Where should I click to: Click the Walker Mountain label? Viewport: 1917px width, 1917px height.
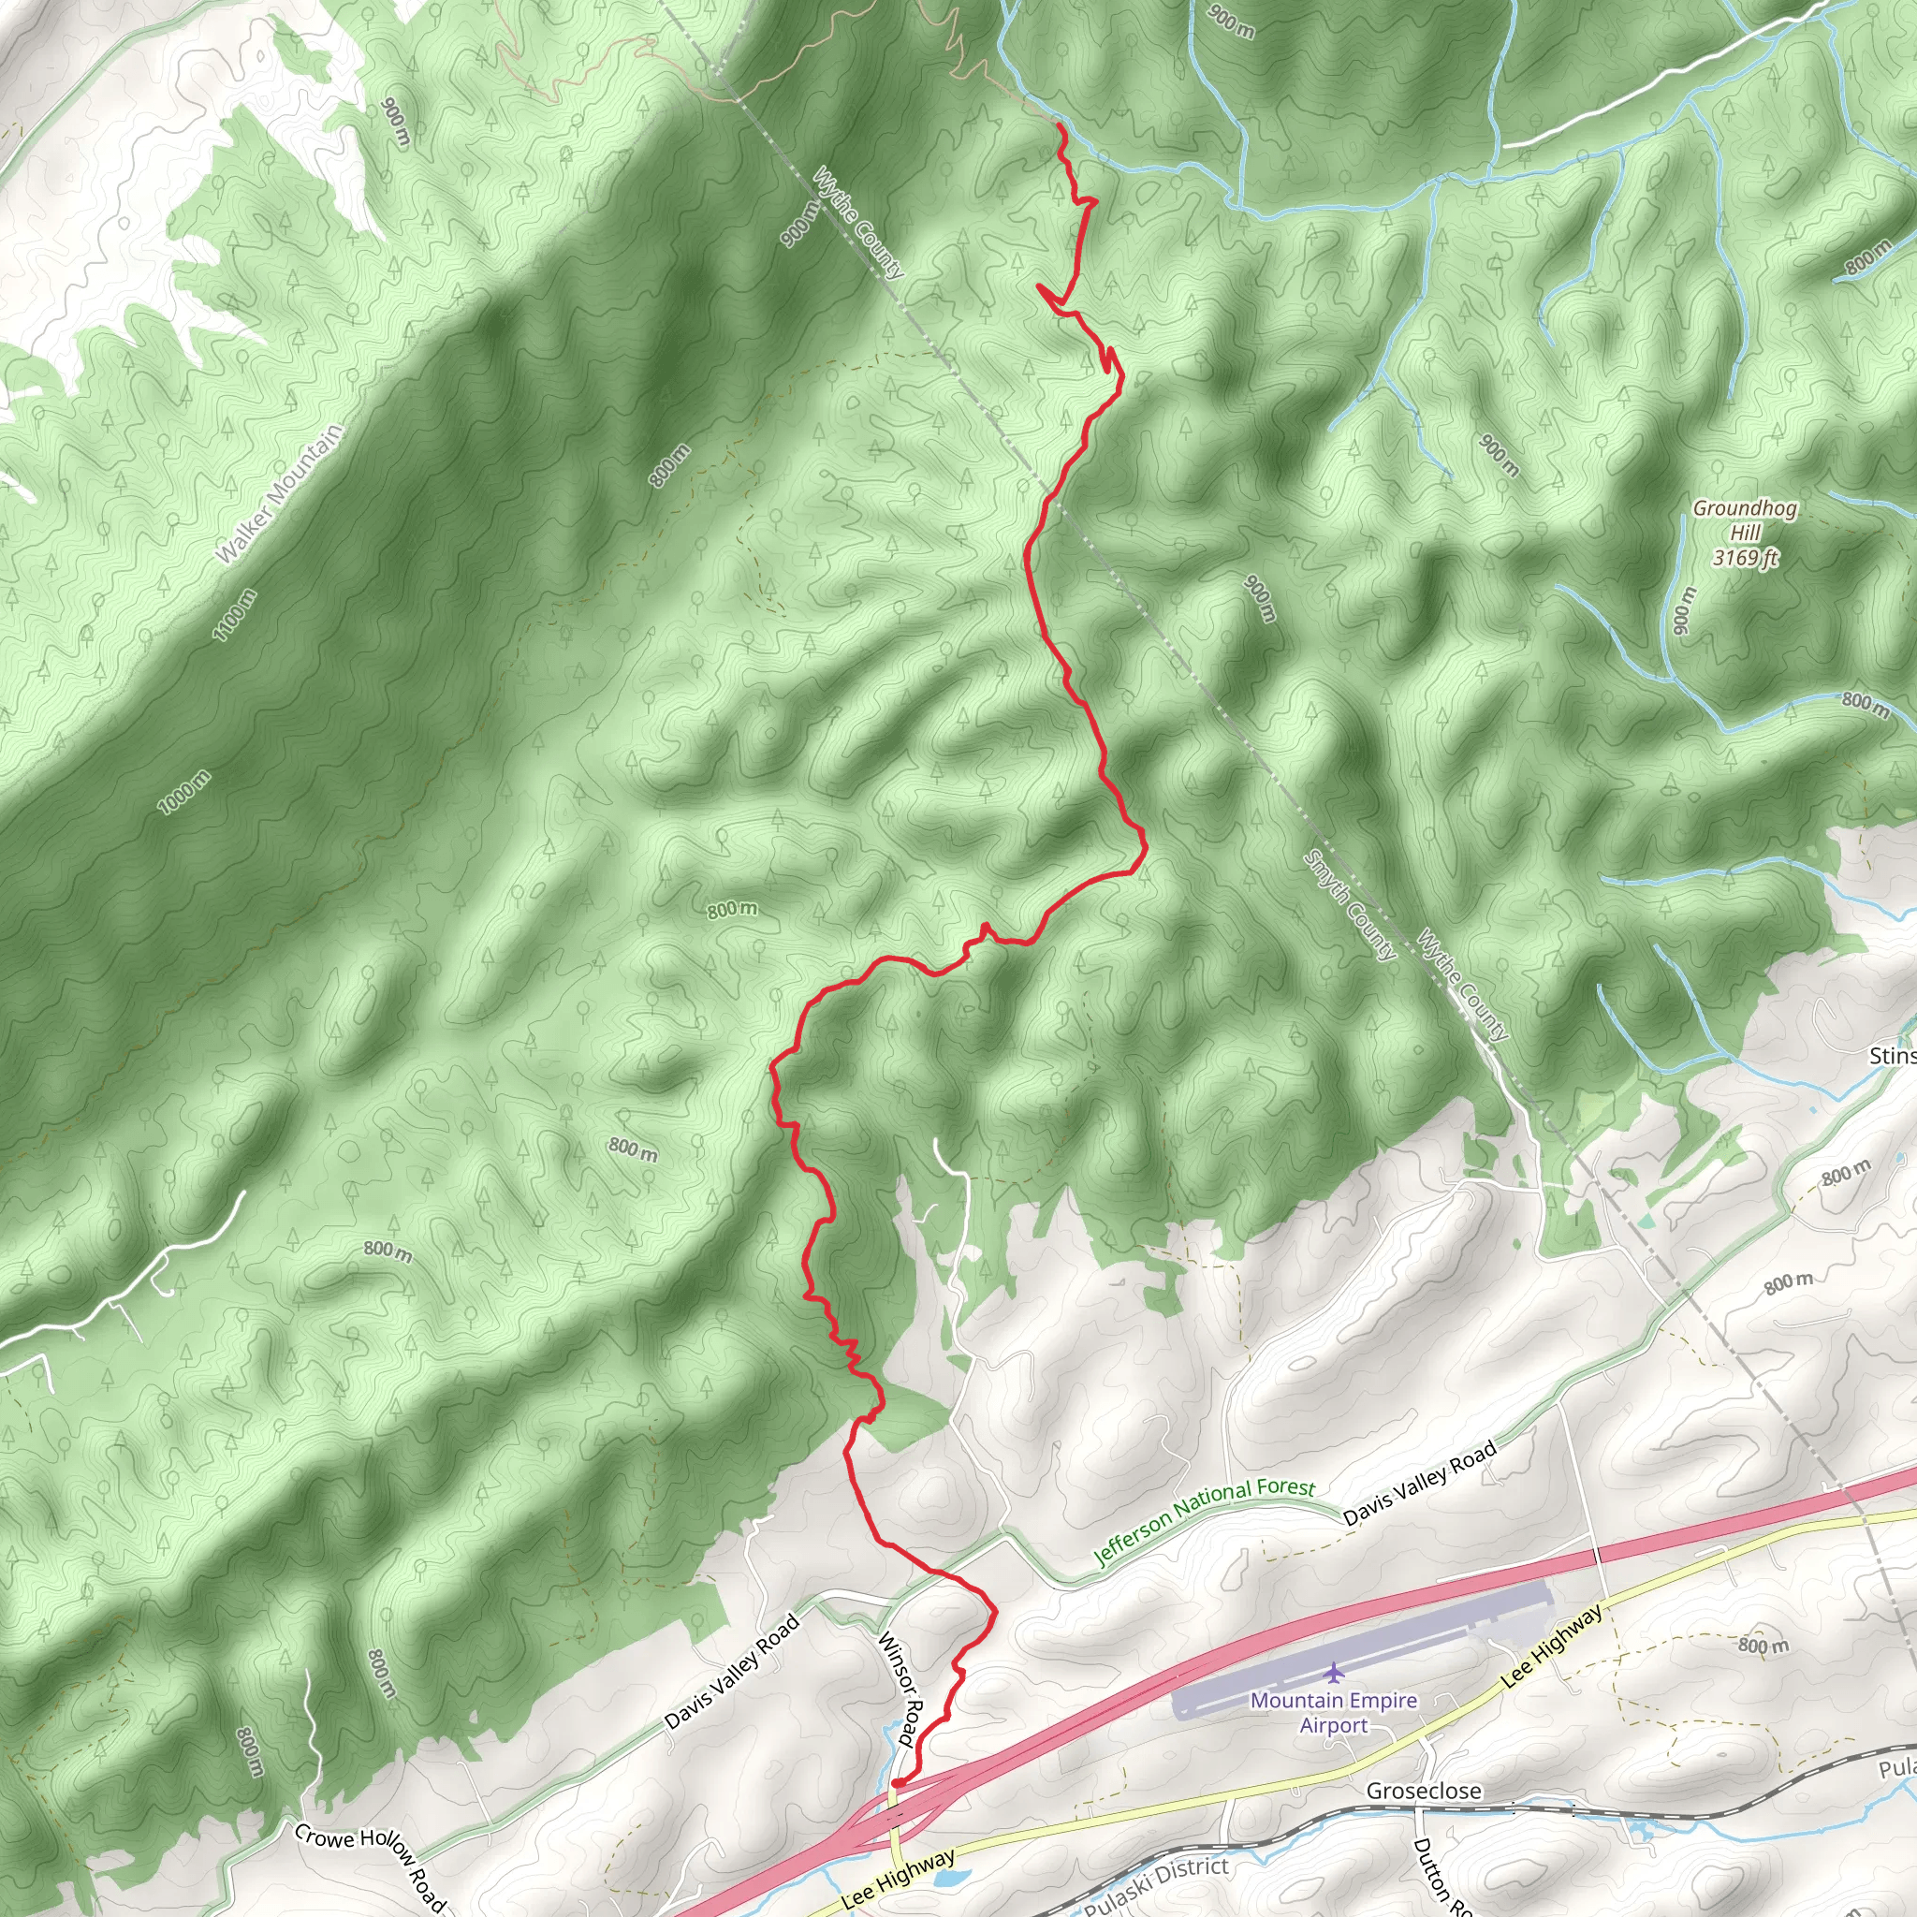pyautogui.click(x=280, y=494)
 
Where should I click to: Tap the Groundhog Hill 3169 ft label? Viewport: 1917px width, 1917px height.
pyautogui.click(x=1745, y=533)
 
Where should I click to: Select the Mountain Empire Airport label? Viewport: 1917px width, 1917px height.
pyautogui.click(x=1334, y=1712)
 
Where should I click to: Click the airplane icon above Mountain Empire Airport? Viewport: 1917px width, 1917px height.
pyautogui.click(x=1334, y=1673)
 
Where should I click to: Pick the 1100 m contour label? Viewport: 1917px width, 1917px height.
pyautogui.click(x=235, y=614)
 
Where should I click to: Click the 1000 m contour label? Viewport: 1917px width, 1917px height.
pyautogui.click(x=184, y=792)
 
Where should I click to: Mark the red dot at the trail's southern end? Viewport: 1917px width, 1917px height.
pyautogui.click(x=897, y=1783)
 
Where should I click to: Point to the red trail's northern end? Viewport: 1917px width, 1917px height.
pyautogui.click(x=1060, y=126)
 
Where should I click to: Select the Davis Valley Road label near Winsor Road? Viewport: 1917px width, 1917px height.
pyautogui.click(x=731, y=1672)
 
